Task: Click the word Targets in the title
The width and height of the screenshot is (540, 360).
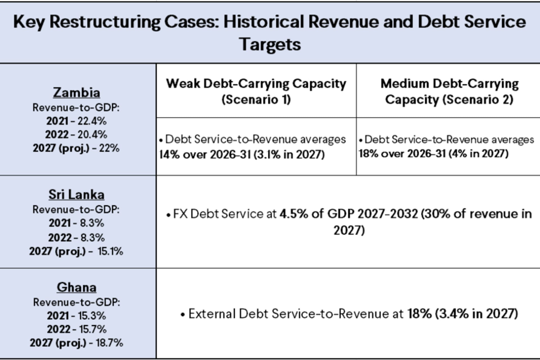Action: click(270, 44)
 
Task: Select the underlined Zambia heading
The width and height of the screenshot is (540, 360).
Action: click(76, 92)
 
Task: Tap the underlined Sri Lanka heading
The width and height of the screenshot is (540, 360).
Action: click(76, 194)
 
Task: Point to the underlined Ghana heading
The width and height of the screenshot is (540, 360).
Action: click(76, 287)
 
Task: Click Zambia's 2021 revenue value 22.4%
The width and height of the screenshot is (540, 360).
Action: click(92, 121)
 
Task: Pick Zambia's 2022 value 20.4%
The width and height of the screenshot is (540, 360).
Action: click(92, 135)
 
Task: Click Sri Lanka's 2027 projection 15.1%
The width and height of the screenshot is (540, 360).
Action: click(110, 251)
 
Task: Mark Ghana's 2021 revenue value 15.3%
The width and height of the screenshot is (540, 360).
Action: click(92, 316)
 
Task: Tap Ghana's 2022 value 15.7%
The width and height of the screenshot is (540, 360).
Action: click(92, 329)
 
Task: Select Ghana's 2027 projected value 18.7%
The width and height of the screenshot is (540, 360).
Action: click(109, 343)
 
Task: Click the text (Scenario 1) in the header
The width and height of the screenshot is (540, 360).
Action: click(256, 99)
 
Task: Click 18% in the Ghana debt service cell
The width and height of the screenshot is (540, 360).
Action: click(419, 314)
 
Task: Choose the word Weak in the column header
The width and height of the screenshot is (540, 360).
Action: click(183, 83)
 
